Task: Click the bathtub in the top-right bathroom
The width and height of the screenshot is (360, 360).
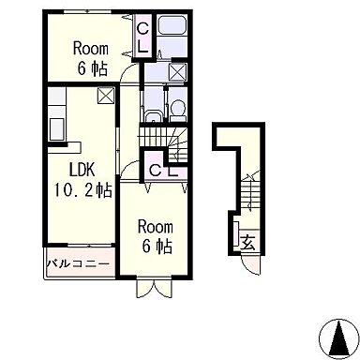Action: point(172,24)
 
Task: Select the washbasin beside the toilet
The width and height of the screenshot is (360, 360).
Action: point(153,117)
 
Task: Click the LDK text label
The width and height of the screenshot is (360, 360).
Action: point(82,171)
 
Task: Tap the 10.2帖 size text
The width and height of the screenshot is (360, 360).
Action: point(83,189)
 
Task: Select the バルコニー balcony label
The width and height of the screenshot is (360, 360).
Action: point(79,264)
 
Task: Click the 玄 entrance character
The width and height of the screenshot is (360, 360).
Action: point(248,242)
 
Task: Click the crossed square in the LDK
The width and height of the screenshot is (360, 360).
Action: point(106,96)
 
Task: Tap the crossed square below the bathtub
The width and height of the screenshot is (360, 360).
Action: point(178,71)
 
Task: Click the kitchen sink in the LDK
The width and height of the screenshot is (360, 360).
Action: point(58,129)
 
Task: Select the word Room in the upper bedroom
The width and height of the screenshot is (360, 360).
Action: point(91,49)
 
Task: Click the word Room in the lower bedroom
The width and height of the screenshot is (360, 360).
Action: point(156,227)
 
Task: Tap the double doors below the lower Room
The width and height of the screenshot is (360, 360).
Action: point(155,288)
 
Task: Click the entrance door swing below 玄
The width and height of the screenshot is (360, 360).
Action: point(251,265)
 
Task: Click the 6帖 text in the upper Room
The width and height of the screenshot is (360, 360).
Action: point(93,68)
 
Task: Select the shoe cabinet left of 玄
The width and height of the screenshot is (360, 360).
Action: point(236,232)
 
